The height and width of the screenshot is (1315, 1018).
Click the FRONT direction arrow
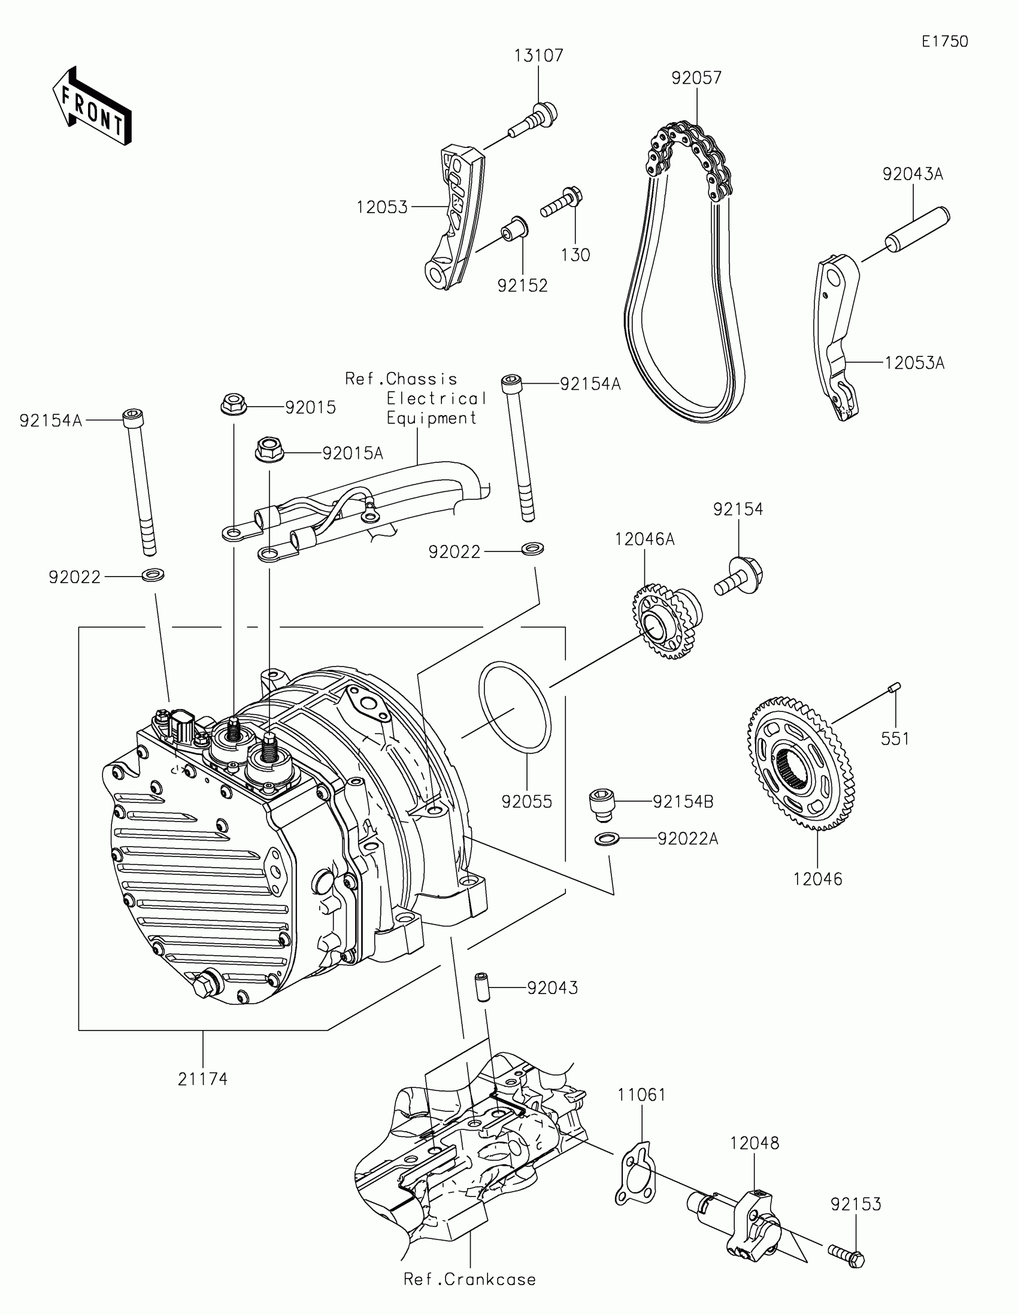pyautogui.click(x=92, y=107)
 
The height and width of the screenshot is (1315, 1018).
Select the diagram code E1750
pyautogui.click(x=944, y=41)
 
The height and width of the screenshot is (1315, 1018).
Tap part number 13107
pyautogui.click(x=538, y=56)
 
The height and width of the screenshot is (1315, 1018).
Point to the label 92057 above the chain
pyautogui.click(x=696, y=78)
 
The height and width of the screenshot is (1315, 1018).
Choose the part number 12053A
pyautogui.click(x=914, y=363)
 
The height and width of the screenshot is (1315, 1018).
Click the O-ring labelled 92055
pyautogui.click(x=515, y=707)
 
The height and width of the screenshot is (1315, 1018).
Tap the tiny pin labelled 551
pyautogui.click(x=894, y=687)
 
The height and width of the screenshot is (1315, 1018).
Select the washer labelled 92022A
pyautogui.click(x=604, y=838)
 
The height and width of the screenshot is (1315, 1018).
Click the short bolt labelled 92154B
pyautogui.click(x=600, y=802)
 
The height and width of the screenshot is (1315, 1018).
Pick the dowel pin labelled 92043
pyautogui.click(x=481, y=986)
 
